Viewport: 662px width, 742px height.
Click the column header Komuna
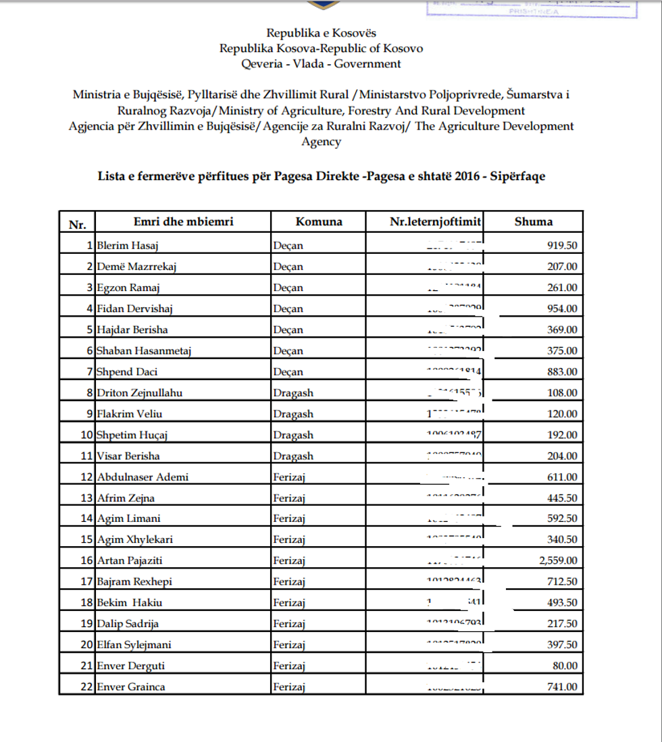(x=318, y=221)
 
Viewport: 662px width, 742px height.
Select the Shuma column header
(x=533, y=221)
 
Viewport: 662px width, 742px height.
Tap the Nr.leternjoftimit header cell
(x=426, y=221)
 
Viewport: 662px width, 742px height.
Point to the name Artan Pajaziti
(x=130, y=560)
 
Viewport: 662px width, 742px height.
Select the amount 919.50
(x=562, y=245)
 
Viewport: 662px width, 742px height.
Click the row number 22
(x=86, y=687)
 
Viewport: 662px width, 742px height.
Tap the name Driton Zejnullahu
(x=140, y=392)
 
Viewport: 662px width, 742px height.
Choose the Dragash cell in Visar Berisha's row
(x=293, y=456)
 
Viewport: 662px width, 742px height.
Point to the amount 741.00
(x=562, y=687)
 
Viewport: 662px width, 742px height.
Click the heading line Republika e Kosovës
(x=321, y=32)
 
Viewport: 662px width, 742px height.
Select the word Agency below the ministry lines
(x=321, y=142)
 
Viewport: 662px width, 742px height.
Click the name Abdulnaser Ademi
(x=143, y=477)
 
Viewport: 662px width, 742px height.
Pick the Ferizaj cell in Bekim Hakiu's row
(x=290, y=602)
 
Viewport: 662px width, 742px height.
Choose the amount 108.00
(x=562, y=392)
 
